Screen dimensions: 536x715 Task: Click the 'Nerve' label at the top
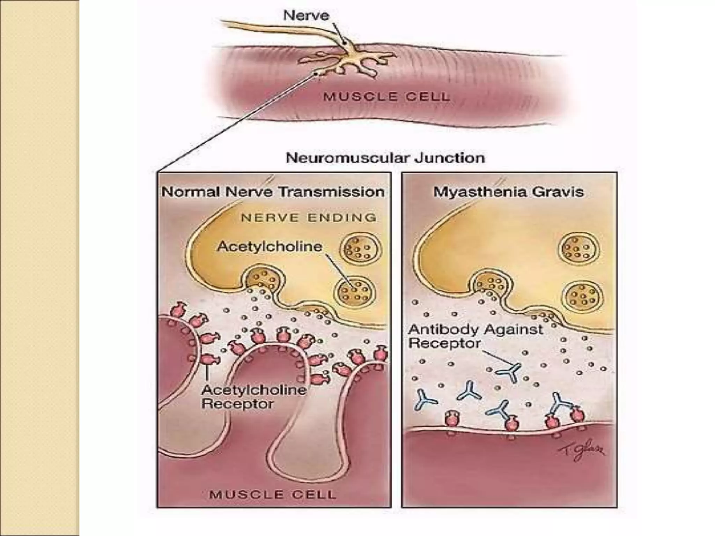[306, 16]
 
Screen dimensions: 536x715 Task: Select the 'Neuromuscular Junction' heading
[385, 158]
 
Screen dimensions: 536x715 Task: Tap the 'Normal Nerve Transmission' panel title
[273, 192]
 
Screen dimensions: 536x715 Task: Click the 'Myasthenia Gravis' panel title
[508, 192]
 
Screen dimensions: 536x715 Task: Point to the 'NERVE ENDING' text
[309, 218]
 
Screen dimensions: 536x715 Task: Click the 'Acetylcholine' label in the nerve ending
[270, 246]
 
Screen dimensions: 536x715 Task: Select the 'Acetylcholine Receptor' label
[254, 397]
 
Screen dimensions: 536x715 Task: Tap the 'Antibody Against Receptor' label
[475, 336]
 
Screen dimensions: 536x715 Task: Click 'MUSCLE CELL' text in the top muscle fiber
[386, 96]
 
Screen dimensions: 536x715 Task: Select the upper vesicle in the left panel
[361, 248]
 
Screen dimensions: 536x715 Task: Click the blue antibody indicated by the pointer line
[509, 372]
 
